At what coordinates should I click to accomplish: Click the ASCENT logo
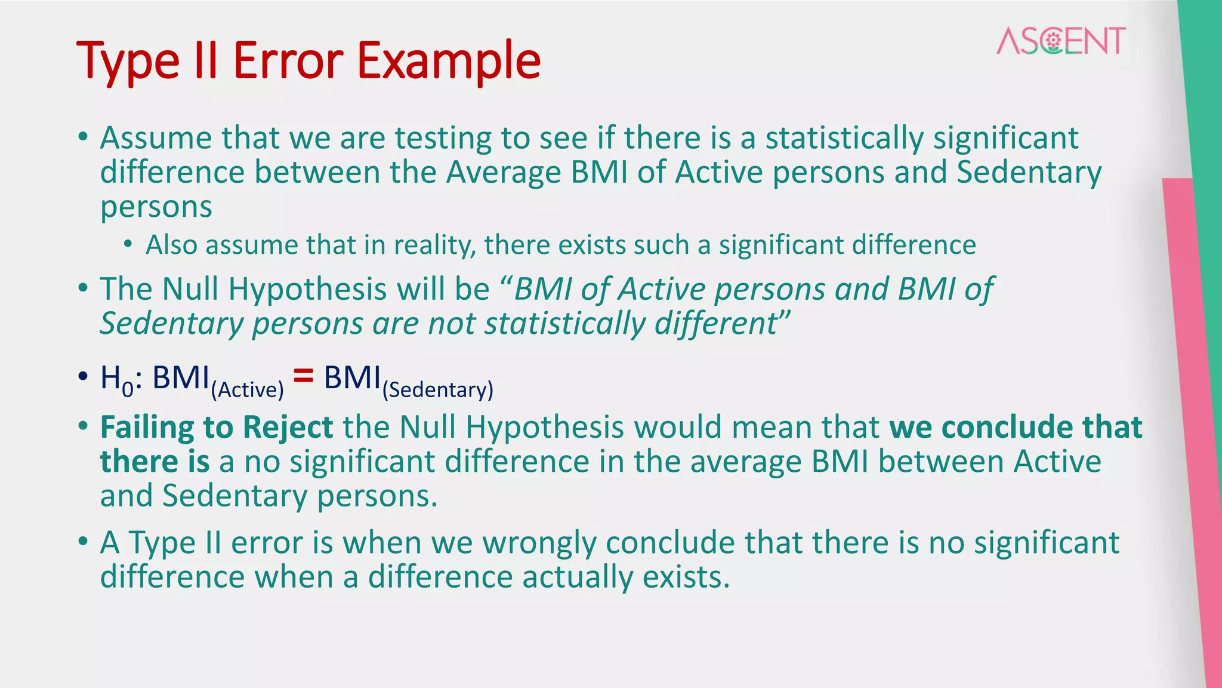[x=1061, y=41]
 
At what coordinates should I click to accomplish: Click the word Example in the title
[x=448, y=61]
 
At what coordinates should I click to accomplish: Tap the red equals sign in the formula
[x=303, y=376]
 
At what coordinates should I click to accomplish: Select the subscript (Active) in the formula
[x=247, y=390]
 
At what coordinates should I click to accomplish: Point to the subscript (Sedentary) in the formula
[x=437, y=390]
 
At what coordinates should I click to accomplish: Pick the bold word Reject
[x=288, y=428]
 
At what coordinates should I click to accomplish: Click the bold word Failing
[x=147, y=428]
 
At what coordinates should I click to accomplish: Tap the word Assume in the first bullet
[x=156, y=138]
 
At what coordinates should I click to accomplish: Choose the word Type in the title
[x=128, y=61]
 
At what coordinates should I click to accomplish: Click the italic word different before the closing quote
[x=715, y=324]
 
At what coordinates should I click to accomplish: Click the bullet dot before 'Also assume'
[x=128, y=245]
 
